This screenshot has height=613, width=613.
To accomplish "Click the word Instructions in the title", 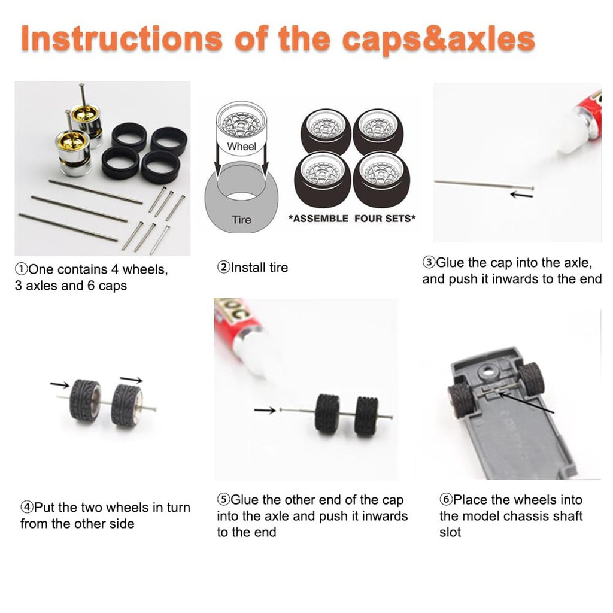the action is click(122, 38).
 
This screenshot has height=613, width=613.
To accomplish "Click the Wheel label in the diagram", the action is click(241, 147).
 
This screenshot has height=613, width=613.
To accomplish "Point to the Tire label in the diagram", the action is click(241, 220).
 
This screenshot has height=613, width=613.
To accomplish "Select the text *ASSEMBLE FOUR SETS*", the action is click(352, 218).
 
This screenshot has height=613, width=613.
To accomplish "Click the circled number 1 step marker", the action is click(21, 269).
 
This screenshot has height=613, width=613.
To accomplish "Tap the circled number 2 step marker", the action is click(223, 268).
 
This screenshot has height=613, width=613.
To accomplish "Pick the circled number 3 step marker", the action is click(429, 262).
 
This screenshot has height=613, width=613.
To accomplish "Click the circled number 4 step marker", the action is click(26, 508).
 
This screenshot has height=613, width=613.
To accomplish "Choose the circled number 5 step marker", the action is click(223, 500).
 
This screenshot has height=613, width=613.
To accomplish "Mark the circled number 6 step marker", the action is click(445, 500).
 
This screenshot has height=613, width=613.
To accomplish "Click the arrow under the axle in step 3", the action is click(521, 195).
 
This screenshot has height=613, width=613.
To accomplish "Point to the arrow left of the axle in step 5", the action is click(265, 410).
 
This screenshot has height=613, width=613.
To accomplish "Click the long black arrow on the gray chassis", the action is click(526, 402).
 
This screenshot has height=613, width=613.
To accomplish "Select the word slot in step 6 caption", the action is click(450, 532).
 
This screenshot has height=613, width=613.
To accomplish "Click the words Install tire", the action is click(259, 268).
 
